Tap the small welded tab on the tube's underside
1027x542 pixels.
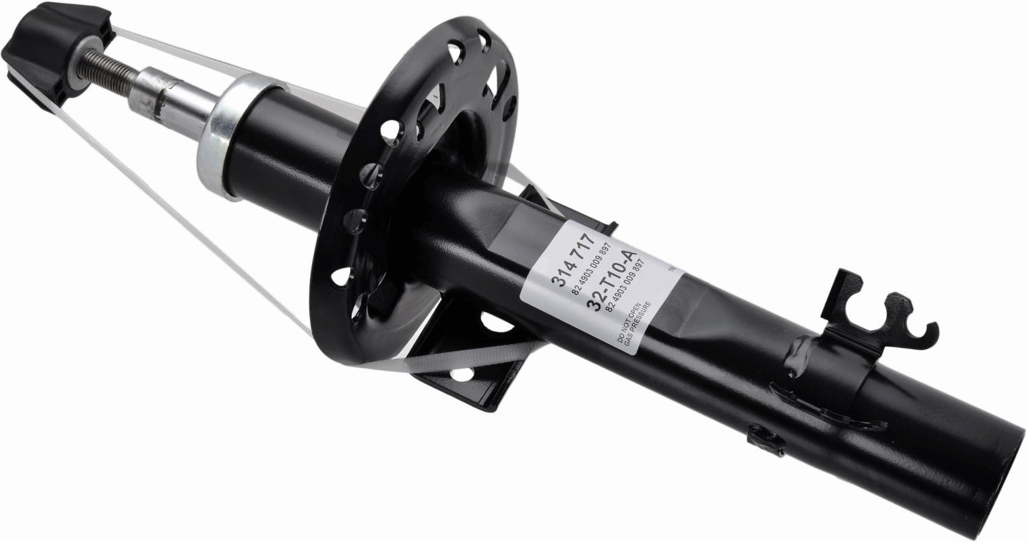point(764,438)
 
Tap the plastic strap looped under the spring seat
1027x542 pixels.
point(431,360)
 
